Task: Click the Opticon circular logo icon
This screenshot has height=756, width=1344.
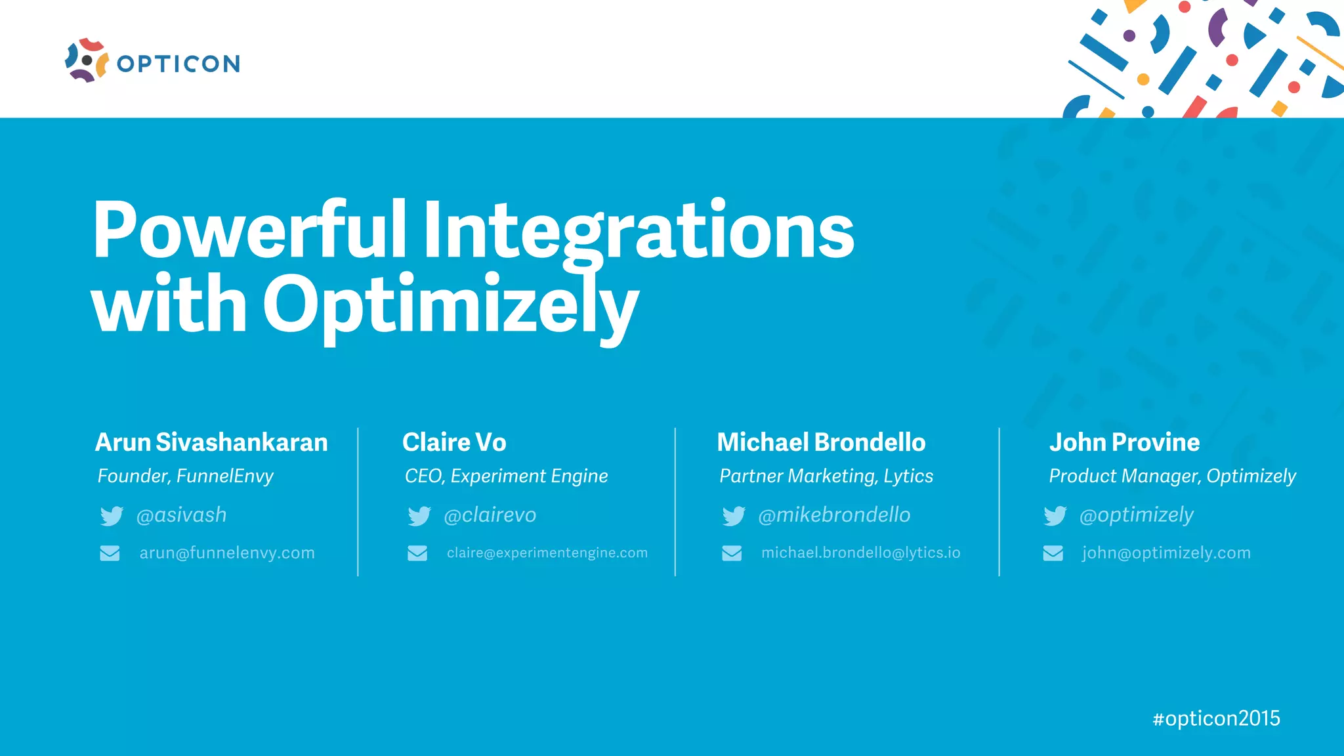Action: [x=87, y=61]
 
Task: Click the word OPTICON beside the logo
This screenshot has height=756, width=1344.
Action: [x=178, y=64]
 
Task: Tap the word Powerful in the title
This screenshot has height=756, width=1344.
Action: [x=249, y=230]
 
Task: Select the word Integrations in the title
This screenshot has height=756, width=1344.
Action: [x=638, y=230]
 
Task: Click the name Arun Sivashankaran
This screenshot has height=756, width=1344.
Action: [x=211, y=442]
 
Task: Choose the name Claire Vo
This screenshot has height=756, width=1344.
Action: [x=454, y=442]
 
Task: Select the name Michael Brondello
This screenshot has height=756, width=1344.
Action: [x=821, y=442]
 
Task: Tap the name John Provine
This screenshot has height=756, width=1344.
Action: [x=1124, y=442]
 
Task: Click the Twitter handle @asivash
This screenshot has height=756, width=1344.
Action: [x=181, y=515]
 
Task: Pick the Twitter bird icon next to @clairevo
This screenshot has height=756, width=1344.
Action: [x=419, y=516]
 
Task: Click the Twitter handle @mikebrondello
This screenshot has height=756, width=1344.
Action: [x=834, y=515]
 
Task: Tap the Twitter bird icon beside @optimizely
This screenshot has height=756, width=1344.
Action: [x=1055, y=516]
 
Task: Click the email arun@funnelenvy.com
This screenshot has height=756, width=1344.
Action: [x=227, y=553]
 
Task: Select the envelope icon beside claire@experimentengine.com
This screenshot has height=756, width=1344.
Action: [x=417, y=553]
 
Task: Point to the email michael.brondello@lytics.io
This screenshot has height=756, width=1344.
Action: [x=860, y=553]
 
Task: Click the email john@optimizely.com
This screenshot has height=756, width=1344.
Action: [x=1166, y=553]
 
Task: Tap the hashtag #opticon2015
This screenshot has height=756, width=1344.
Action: [x=1216, y=719]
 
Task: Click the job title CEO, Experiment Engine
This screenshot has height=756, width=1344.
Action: [x=506, y=476]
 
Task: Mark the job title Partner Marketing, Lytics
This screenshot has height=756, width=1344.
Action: [x=826, y=476]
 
